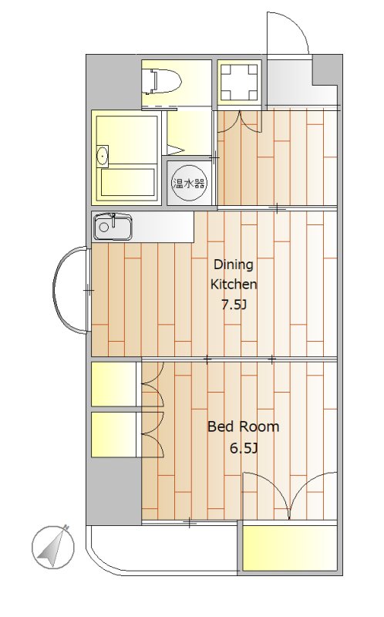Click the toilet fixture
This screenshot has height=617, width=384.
click(162, 81)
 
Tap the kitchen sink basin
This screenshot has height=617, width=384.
click(113, 227)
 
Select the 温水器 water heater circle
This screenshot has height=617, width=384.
click(189, 183)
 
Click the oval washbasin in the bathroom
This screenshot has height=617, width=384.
click(103, 157)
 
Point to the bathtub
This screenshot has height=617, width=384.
click(127, 182)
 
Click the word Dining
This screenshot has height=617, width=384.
click(233, 265)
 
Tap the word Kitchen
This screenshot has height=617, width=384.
click(234, 284)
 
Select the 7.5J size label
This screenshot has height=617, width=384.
click(234, 305)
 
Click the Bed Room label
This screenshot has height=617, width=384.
click(243, 427)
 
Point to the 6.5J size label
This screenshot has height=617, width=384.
click(244, 448)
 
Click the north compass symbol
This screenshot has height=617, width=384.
click(53, 547)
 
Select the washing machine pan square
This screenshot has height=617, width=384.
click(239, 83)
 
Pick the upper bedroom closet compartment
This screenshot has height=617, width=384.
click(113, 384)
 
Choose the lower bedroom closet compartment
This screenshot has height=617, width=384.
click(113, 434)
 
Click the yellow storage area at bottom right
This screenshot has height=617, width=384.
click(290, 548)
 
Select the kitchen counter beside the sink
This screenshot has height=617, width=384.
click(162, 227)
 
